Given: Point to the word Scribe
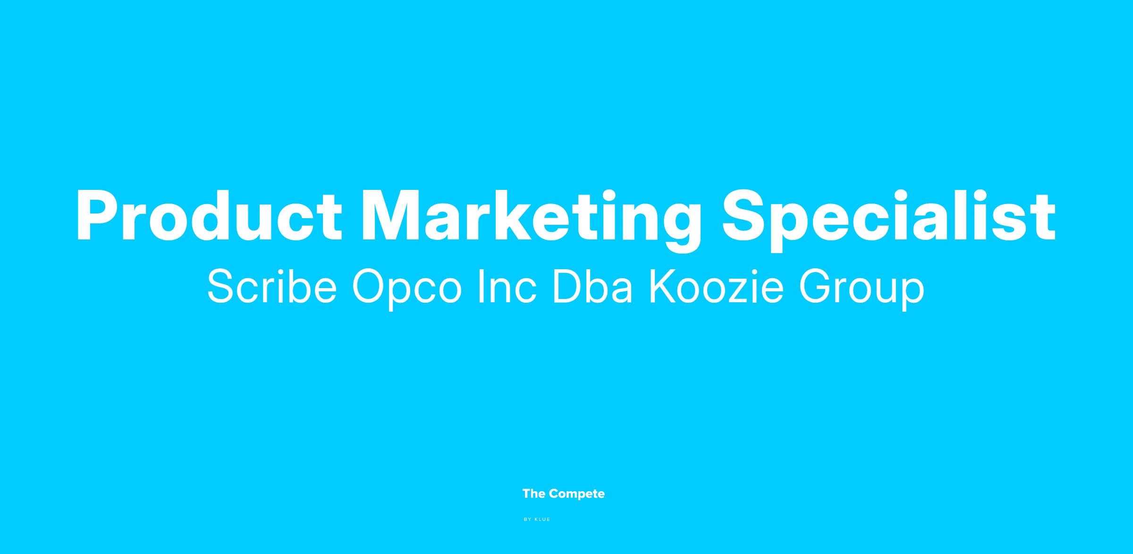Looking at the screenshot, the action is point(272,287).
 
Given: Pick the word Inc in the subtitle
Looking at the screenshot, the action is point(507,287).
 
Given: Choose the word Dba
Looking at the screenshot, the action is point(592,287).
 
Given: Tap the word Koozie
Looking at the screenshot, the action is point(716,287).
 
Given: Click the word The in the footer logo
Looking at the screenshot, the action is point(534,494).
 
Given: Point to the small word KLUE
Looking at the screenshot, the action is point(542,520).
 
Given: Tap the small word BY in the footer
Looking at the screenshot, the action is point(528,520).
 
